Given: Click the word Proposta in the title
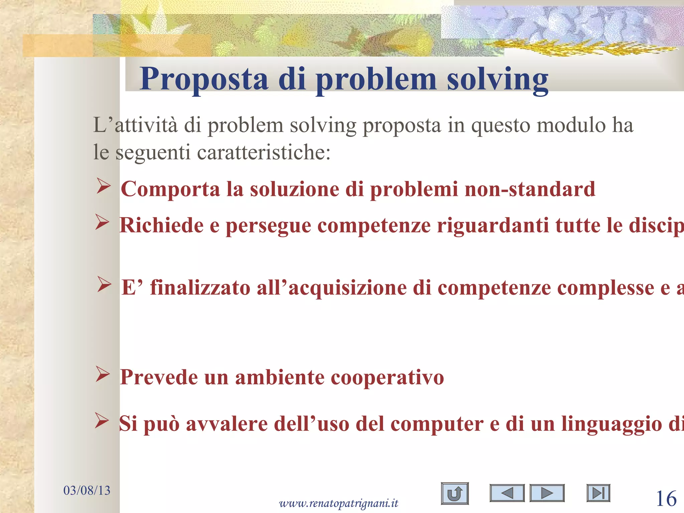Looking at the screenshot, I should (204, 79).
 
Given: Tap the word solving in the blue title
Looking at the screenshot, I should (497, 79).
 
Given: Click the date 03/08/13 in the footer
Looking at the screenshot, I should (87, 490).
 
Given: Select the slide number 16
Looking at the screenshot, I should (666, 499).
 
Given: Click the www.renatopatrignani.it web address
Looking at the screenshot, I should (339, 503).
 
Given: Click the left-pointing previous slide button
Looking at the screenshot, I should (507, 493).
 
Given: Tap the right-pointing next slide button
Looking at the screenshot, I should (547, 493).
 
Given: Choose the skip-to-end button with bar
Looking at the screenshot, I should (598, 493).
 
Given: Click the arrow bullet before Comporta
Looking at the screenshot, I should (104, 186).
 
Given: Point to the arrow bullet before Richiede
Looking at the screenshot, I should (102, 222).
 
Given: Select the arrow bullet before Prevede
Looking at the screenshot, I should (103, 374).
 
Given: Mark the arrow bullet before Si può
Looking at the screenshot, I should (102, 420).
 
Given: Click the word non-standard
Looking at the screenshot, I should (530, 189).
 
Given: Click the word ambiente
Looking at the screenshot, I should (280, 377).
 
